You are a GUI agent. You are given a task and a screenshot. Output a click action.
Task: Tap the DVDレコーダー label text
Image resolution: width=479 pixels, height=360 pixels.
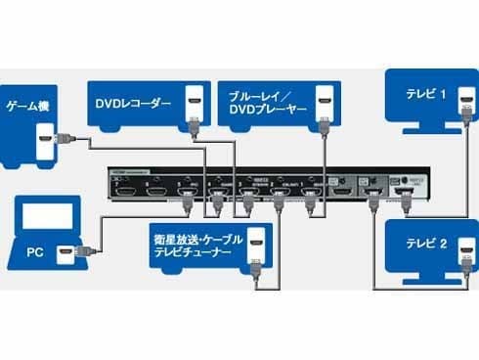[x=133, y=101]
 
